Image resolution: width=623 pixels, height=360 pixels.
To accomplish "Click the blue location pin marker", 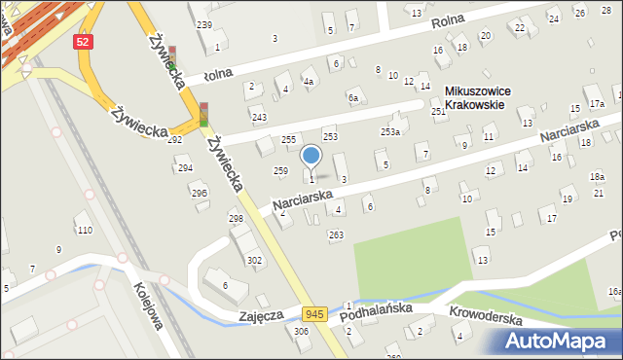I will click(311, 156).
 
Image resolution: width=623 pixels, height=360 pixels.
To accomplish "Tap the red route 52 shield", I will click(84, 42).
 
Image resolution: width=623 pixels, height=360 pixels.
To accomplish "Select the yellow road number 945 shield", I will click(313, 313).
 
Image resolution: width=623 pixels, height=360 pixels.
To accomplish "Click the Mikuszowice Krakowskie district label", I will click(484, 97).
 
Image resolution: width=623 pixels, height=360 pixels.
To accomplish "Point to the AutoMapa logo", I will click(562, 341).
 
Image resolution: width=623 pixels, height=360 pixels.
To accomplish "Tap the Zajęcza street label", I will click(261, 316).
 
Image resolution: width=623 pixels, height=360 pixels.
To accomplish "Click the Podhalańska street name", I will click(383, 310).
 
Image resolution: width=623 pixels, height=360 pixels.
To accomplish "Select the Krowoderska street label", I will click(487, 318).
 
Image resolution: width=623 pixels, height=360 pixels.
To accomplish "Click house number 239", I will click(204, 24).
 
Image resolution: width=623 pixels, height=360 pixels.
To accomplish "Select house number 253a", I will click(390, 131).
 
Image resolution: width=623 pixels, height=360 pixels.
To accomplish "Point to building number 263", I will click(336, 234).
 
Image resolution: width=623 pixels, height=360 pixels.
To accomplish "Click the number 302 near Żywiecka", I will click(254, 260).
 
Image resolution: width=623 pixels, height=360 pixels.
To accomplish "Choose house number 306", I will click(301, 332).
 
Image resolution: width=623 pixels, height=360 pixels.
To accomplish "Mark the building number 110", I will click(85, 230).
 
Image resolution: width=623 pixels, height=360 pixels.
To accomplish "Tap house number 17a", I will click(596, 104).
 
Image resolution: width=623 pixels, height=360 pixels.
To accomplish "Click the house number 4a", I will click(308, 82).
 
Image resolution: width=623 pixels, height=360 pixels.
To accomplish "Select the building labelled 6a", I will click(354, 98).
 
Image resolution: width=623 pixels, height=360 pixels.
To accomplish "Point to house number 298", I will click(236, 218).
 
